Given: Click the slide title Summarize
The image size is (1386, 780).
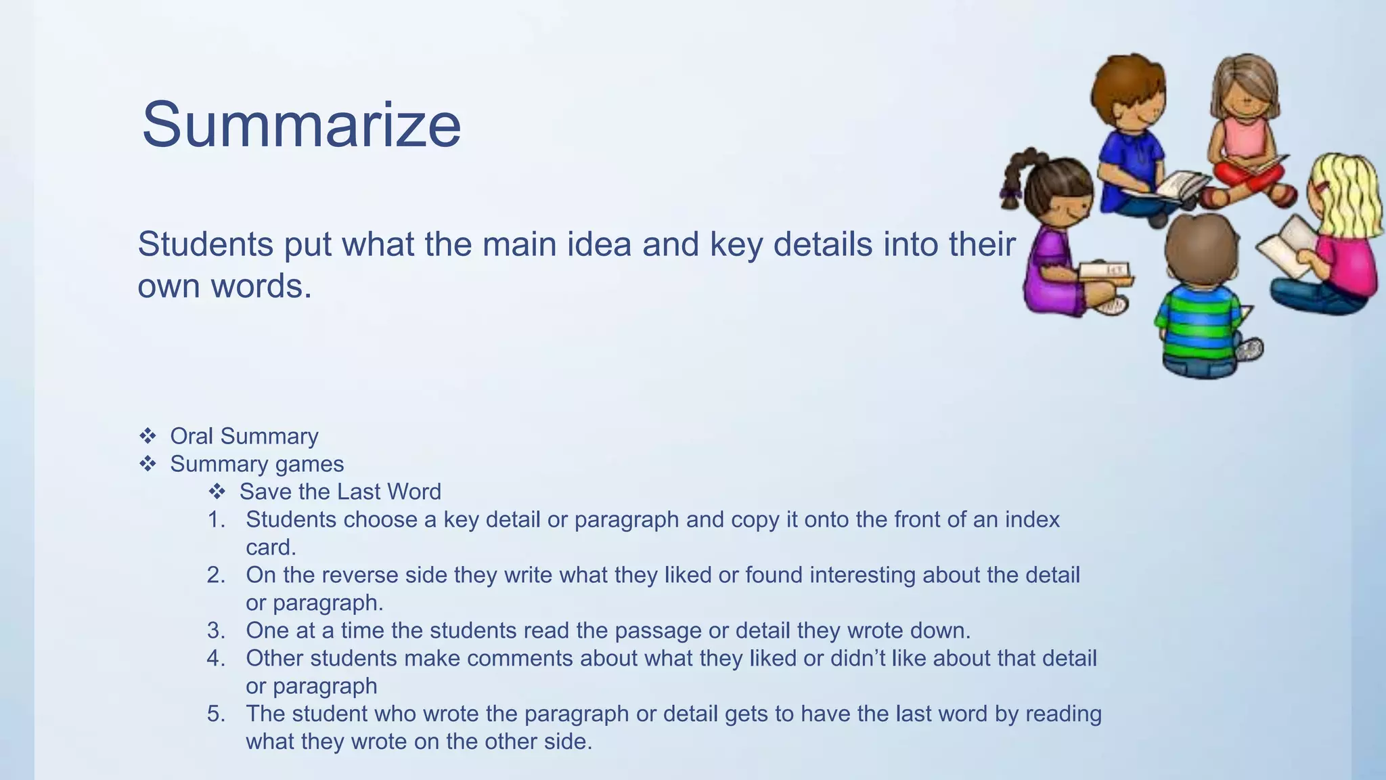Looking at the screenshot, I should coord(301,125).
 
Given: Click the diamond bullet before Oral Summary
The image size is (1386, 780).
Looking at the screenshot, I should coord(148,436).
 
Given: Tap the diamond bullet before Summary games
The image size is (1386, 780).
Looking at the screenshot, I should coord(148,464).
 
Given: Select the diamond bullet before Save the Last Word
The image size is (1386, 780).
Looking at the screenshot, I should coord(217,492).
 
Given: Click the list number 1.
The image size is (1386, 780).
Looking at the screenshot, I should coord(216,520).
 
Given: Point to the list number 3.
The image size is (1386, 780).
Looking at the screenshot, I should coord(216,631).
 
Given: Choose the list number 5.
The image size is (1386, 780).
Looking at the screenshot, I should coord(216,714).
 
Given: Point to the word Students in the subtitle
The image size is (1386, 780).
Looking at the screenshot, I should coord(206,244).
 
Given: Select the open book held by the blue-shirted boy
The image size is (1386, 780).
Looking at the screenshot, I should coord(1178,186).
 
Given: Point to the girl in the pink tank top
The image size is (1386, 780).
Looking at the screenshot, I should coord(1245,129).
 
